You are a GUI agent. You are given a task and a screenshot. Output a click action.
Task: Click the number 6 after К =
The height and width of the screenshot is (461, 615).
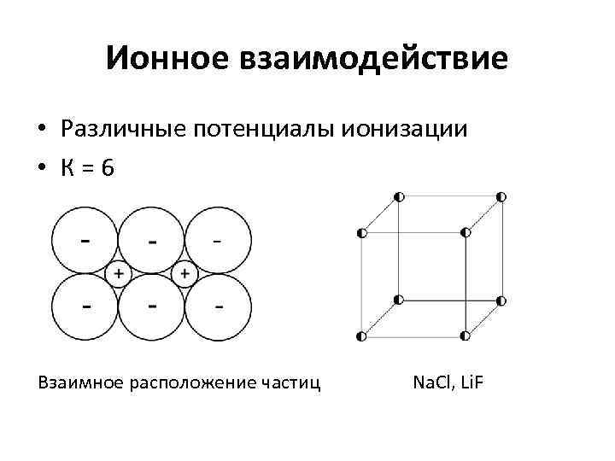(x=106, y=168)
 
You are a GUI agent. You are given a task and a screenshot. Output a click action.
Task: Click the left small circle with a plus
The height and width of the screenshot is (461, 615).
(x=117, y=274)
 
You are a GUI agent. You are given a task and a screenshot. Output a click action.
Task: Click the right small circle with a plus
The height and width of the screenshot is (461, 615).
(x=184, y=274)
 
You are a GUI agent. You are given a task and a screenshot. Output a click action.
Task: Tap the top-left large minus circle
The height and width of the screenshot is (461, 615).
(x=85, y=241)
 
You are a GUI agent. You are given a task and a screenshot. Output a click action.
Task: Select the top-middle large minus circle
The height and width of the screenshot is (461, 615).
(x=151, y=241)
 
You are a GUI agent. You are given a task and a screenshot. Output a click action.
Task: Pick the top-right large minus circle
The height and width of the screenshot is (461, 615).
(x=218, y=241)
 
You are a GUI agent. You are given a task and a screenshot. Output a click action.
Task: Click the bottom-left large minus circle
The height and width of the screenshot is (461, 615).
(x=85, y=307)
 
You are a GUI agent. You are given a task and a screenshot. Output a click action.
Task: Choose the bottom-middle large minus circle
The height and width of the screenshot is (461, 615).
(x=151, y=307)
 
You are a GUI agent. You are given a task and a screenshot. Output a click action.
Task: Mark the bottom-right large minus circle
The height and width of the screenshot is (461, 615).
(x=218, y=307)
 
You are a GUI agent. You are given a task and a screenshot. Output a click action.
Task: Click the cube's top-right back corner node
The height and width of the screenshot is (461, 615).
(x=501, y=197)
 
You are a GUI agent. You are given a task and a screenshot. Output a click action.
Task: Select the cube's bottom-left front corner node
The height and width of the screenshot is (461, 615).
(x=362, y=336)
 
